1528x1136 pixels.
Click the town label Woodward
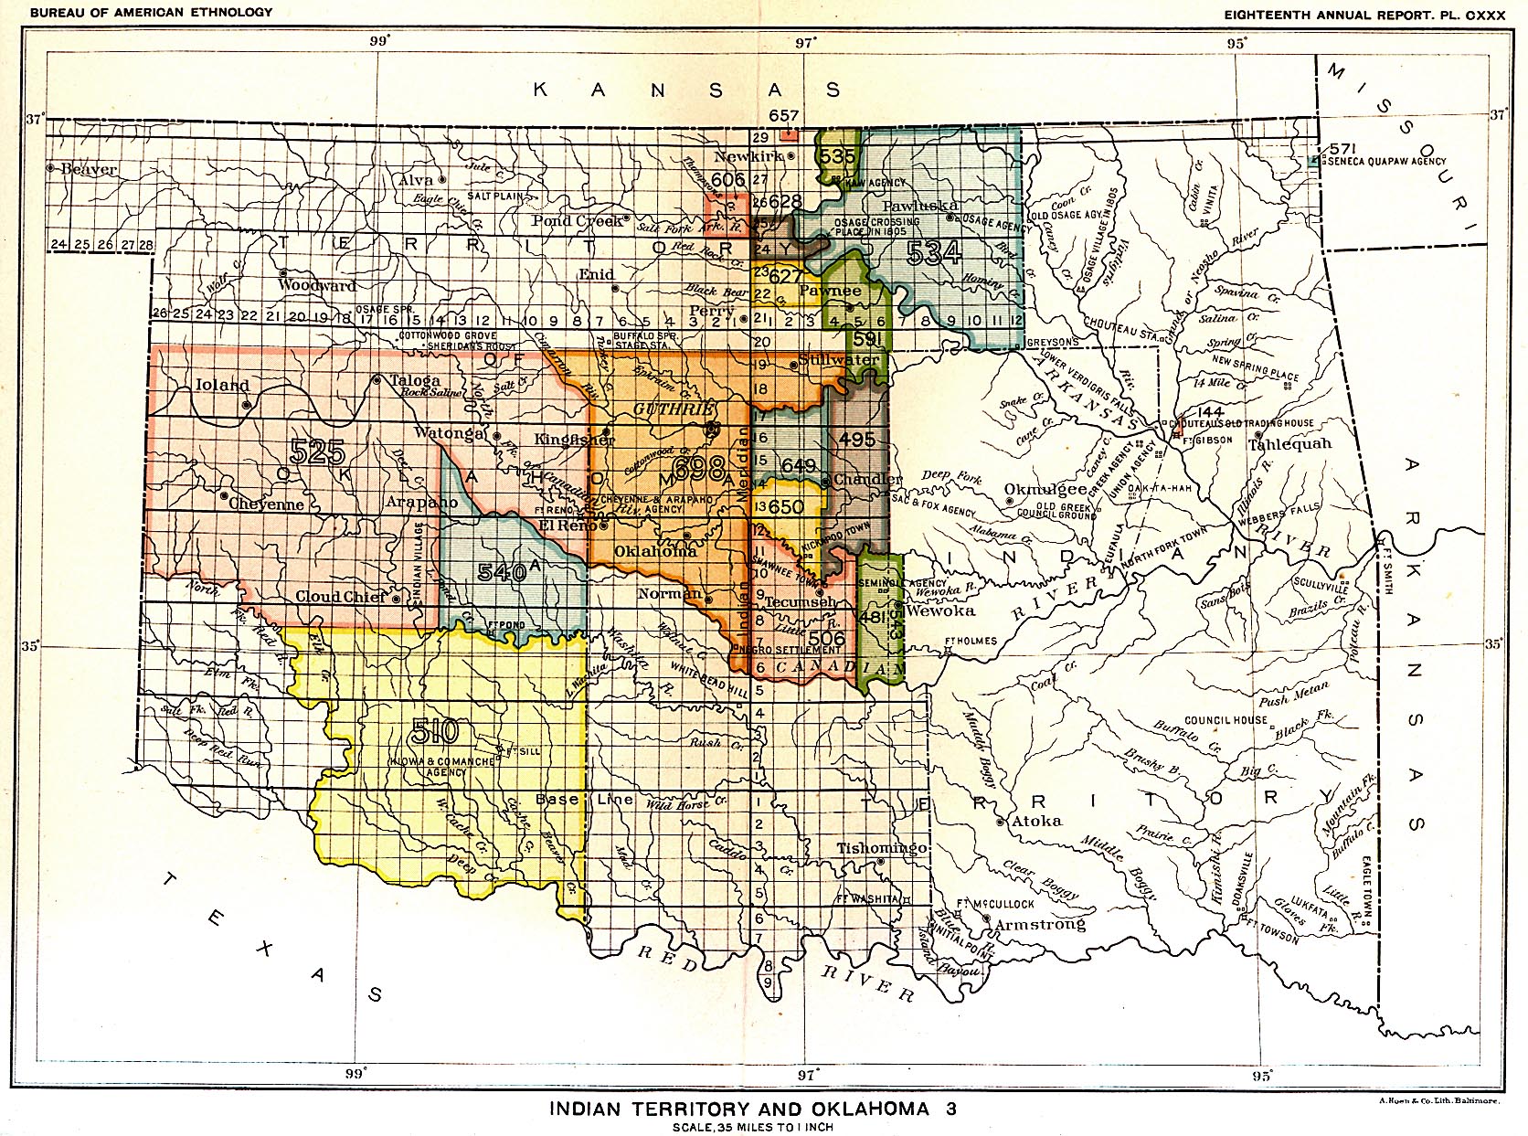316,286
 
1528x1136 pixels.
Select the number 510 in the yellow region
434,731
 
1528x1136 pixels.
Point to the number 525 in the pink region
317,451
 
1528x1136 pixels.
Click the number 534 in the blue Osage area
934,253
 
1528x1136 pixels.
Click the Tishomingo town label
882,847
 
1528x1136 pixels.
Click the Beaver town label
89,169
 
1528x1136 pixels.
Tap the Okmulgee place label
1045,490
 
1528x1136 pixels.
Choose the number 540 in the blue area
502,572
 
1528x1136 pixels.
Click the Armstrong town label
1040,924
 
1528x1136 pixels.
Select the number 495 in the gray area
857,440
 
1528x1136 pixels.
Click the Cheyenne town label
266,504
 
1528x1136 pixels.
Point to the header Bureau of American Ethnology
151,12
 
